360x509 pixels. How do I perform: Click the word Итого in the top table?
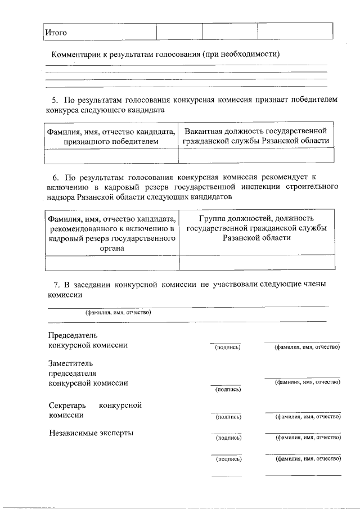pyautogui.click(x=56, y=32)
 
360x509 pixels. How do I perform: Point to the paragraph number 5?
pyautogui.click(x=55, y=100)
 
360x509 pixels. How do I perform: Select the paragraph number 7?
pyautogui.click(x=55, y=285)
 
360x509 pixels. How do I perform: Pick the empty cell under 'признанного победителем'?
pyautogui.click(x=111, y=155)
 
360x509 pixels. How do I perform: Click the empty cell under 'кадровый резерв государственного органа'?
pyautogui.click(x=111, y=263)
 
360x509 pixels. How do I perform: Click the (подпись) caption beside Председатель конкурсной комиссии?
pyautogui.click(x=228, y=348)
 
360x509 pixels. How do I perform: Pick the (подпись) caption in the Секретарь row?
pyautogui.click(x=228, y=417)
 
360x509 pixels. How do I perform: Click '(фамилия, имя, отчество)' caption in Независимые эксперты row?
pyautogui.click(x=307, y=436)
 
